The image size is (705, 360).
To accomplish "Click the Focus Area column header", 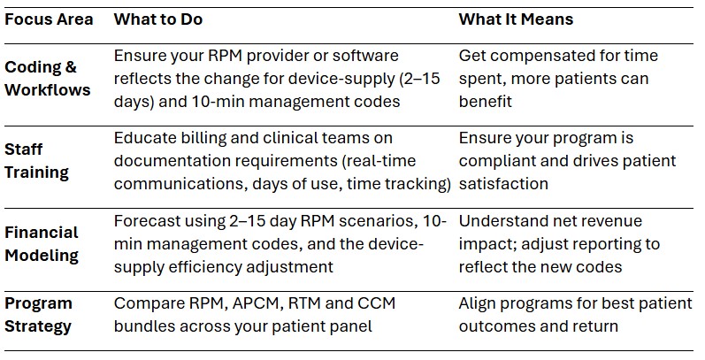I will tap(49, 19).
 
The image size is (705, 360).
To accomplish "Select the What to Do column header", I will tap(164, 19).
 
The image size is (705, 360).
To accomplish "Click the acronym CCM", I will tap(375, 303).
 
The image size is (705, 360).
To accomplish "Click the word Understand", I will tap(502, 221).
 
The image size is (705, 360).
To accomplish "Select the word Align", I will tap(478, 303).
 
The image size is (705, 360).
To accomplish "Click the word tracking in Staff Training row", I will tap(418, 184).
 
